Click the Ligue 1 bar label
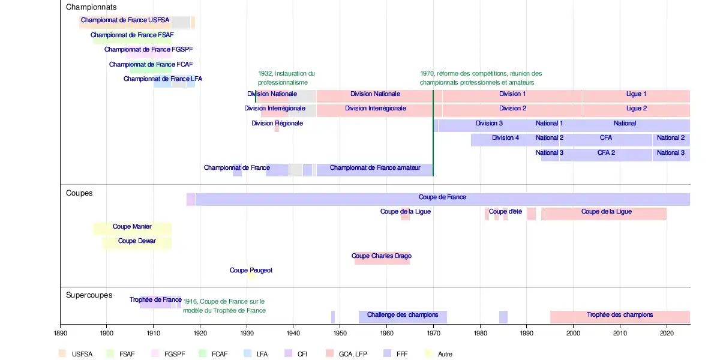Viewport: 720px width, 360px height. (636, 94)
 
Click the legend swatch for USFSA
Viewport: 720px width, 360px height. (63, 353)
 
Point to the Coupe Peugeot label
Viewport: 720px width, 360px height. (251, 271)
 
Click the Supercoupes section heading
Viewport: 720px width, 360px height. (89, 295)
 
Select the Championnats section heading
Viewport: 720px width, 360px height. (91, 7)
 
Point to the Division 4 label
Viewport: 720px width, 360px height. (506, 138)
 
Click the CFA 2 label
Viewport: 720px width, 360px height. (606, 153)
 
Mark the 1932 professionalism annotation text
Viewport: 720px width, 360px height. (286, 78)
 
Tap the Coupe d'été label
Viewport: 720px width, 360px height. (505, 212)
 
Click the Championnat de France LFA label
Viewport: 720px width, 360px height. (163, 79)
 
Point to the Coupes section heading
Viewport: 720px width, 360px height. (79, 193)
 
